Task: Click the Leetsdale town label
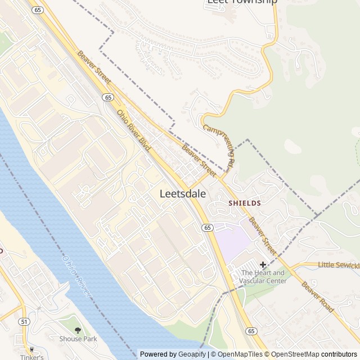183,193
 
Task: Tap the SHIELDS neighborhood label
244,202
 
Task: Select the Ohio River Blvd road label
134,130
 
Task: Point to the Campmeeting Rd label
218,148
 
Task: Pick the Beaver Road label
317,297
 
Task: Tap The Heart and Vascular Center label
263,277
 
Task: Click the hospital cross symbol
263,264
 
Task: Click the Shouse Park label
78,339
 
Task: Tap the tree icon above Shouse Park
78,329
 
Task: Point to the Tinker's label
31,357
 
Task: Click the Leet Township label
242,2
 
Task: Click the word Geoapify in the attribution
192,354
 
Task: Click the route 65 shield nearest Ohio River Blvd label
108,97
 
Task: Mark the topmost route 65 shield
38,10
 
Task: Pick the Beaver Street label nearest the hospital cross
262,236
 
